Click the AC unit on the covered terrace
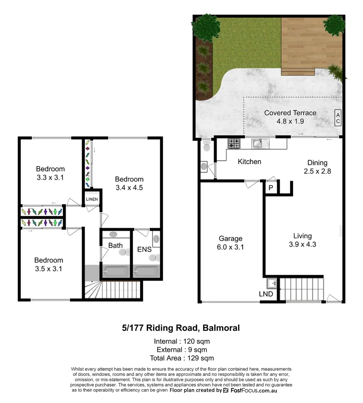point(338,118)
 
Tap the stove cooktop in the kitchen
point(234,143)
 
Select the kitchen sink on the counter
point(258,143)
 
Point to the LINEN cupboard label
point(92,199)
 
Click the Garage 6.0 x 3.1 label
point(231,243)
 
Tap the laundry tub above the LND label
point(272,284)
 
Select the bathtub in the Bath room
point(115,270)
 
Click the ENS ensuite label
point(144,249)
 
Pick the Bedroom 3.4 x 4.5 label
point(129,183)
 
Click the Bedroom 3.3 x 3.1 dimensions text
point(50,178)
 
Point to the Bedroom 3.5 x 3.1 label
point(49,264)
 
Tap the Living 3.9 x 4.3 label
point(302,240)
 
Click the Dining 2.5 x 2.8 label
point(317,167)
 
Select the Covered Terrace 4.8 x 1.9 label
point(290,117)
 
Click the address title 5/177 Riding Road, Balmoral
point(181,328)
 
